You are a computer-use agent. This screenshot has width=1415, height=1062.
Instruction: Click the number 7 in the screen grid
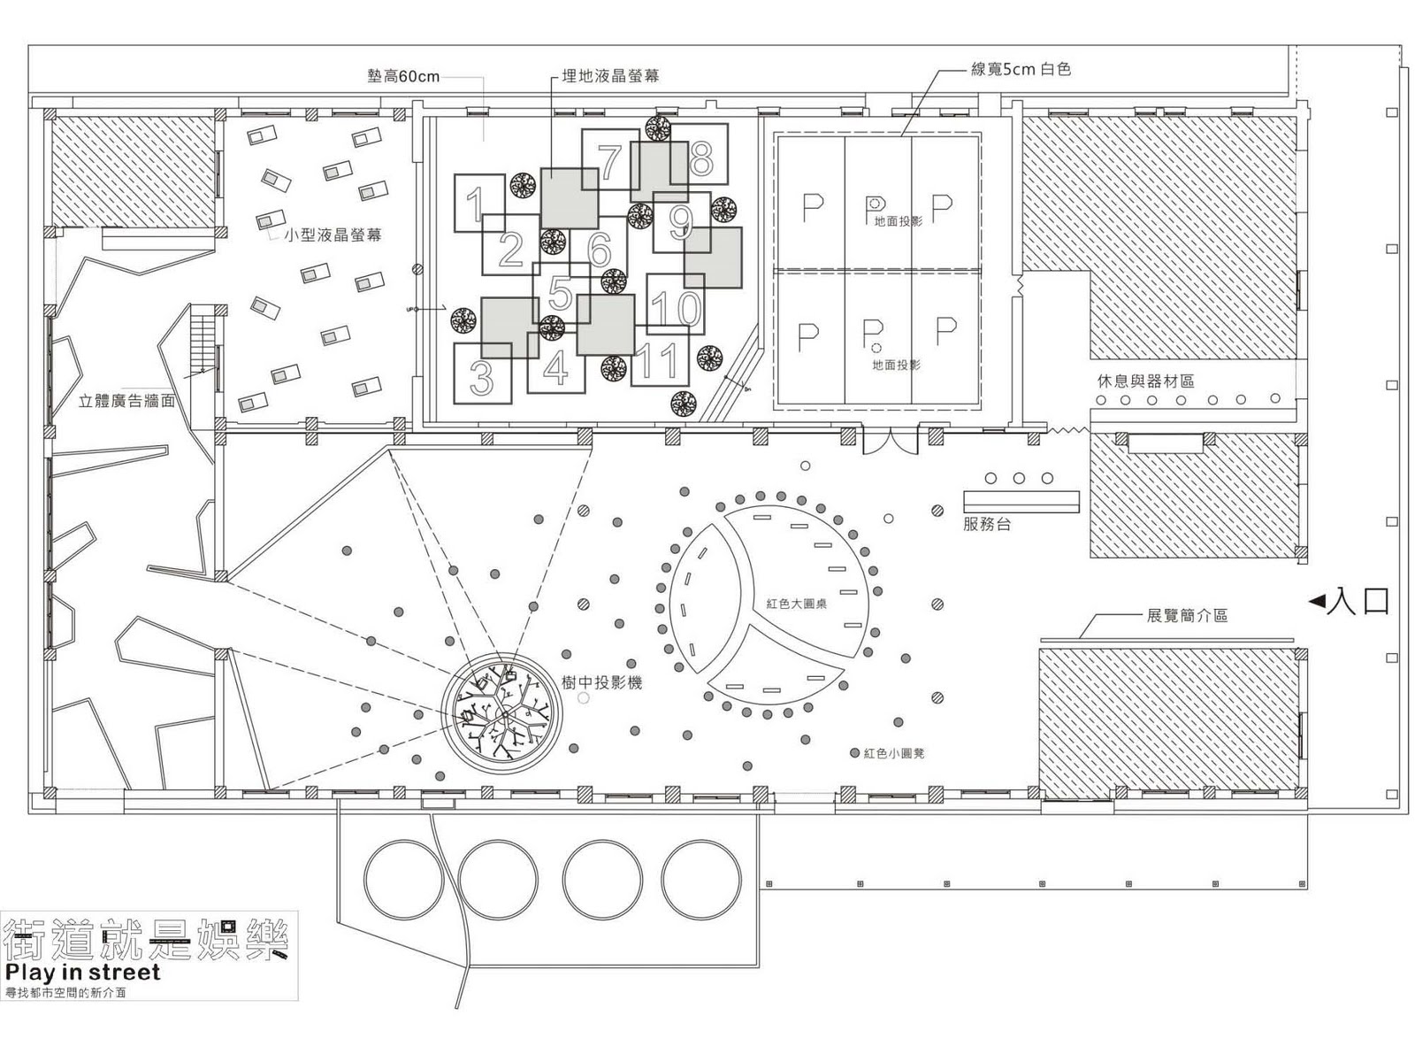tap(609, 161)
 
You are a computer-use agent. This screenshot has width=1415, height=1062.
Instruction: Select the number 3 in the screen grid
tap(482, 377)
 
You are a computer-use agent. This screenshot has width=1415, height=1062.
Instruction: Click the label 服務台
tap(987, 525)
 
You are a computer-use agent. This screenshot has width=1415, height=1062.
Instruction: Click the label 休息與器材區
tap(1145, 381)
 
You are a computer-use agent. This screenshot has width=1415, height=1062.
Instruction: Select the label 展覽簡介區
tap(1187, 615)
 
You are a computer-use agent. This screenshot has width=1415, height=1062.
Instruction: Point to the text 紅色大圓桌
tap(797, 604)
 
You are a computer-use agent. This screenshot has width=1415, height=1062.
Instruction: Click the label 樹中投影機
tap(601, 682)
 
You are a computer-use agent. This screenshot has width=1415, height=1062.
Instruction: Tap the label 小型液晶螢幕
tap(333, 236)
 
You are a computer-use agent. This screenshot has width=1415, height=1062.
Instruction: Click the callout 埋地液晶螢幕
tap(611, 76)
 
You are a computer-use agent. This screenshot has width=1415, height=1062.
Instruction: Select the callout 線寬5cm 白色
tap(1021, 69)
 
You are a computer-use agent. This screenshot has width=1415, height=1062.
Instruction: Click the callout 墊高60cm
tap(403, 76)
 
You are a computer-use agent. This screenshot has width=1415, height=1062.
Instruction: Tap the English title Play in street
tap(83, 972)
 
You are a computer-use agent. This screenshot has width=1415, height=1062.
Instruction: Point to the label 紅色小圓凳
tap(894, 753)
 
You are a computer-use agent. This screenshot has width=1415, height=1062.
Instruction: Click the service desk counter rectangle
tap(1021, 502)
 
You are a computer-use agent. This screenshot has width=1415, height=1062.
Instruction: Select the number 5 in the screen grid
tap(560, 292)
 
